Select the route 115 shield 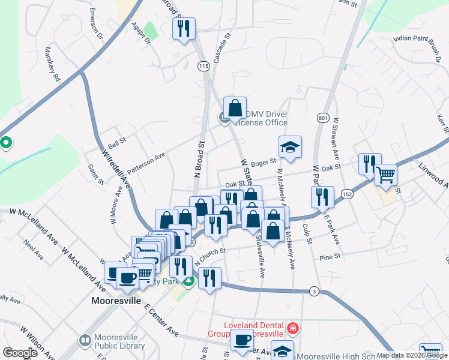point(203,65)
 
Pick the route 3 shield point(313,291)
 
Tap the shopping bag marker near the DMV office point(235,109)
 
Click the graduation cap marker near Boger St point(290,147)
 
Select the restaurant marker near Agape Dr point(184,28)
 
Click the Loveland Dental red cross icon point(292,328)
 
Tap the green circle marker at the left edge point(6,143)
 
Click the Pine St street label point(330,256)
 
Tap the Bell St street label point(117,143)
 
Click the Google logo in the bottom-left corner point(20,353)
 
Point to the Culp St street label point(309,233)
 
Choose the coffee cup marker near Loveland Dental point(242,340)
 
